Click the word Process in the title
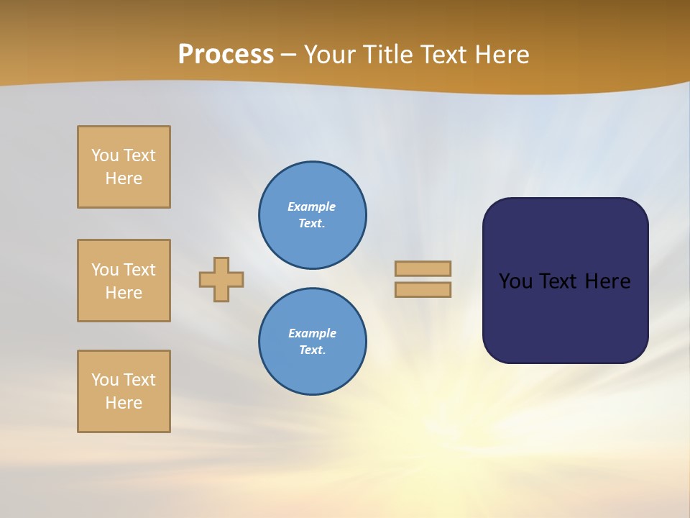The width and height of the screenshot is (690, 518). click(226, 54)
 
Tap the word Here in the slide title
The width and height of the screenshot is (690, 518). click(501, 54)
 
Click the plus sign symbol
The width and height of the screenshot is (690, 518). click(221, 279)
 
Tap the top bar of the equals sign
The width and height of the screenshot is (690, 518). click(423, 268)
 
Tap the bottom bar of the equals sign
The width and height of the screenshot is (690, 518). click(423, 289)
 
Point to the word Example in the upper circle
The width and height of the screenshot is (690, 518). click(311, 206)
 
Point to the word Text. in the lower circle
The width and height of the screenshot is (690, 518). click(312, 350)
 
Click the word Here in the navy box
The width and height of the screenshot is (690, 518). click(607, 281)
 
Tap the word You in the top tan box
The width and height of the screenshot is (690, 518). click(105, 155)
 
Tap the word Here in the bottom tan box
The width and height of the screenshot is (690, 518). click(124, 403)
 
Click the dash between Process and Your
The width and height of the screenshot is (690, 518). click(289, 55)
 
